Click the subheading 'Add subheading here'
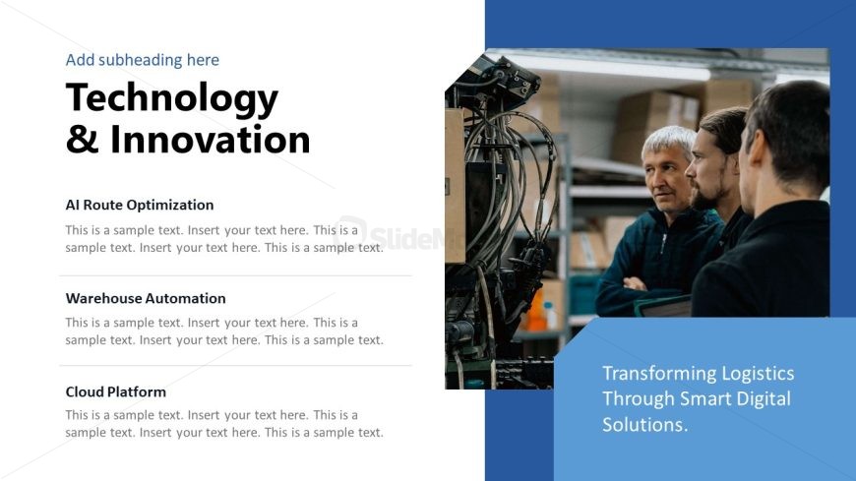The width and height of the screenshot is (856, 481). (x=143, y=60)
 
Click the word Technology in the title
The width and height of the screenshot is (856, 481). (x=172, y=98)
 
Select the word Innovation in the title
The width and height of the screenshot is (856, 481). (x=211, y=140)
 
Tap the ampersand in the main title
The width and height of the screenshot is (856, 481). (x=83, y=140)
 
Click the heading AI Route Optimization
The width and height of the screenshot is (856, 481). (x=140, y=205)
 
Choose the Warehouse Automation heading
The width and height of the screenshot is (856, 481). (x=146, y=298)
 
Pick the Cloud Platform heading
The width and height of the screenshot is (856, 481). (x=116, y=391)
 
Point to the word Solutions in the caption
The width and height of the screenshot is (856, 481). (x=644, y=424)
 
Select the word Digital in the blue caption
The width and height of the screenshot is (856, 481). (x=764, y=399)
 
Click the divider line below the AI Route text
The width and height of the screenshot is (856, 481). (x=236, y=275)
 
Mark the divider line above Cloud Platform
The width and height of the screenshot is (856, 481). (x=236, y=365)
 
